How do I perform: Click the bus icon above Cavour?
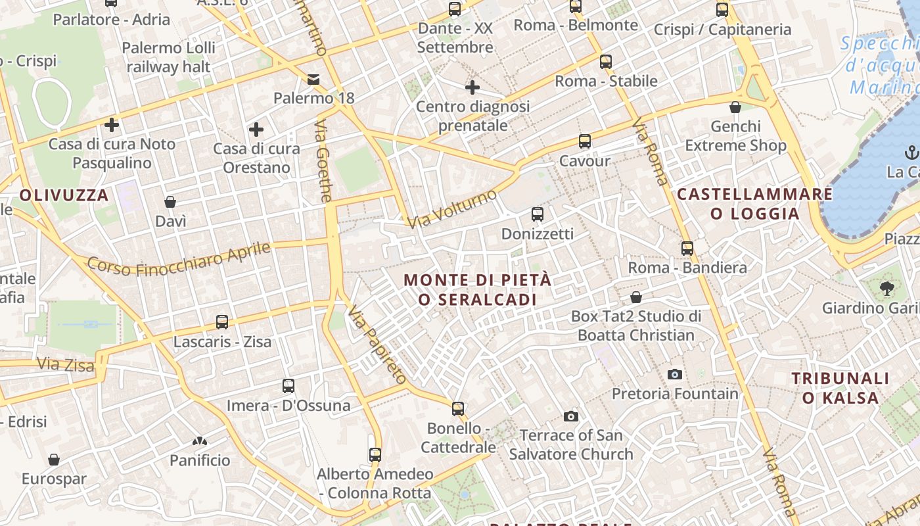584,141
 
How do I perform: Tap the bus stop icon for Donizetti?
538,214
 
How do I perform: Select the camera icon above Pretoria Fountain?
674,374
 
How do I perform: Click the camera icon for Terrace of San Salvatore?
570,416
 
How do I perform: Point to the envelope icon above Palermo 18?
313,80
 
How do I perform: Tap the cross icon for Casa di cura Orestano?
256,130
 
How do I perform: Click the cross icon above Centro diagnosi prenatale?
472,87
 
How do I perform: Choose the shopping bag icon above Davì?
170,202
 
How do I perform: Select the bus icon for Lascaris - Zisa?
222,322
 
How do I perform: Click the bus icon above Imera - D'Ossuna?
288,386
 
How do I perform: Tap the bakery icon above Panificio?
200,441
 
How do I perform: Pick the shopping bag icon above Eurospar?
54,460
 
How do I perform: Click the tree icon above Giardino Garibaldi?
886,288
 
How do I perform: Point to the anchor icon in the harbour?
911,153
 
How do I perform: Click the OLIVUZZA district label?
64,195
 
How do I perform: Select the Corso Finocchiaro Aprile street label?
179,258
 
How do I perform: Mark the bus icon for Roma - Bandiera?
687,249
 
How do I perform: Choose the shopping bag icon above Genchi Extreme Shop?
735,107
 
